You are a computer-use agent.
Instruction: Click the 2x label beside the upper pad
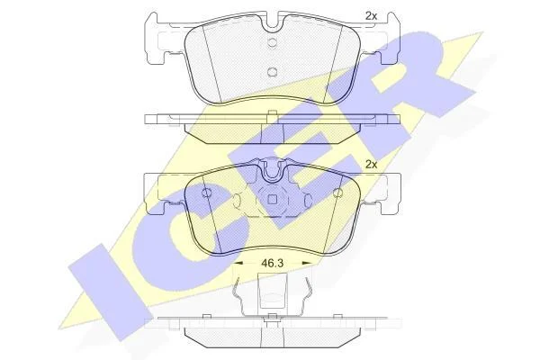371,16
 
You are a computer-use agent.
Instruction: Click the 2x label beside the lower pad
371,165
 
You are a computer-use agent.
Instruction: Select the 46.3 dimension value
272,263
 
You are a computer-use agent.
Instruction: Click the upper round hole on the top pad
272,42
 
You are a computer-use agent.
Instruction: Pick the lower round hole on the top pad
272,72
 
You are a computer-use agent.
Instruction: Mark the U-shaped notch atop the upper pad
272,22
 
